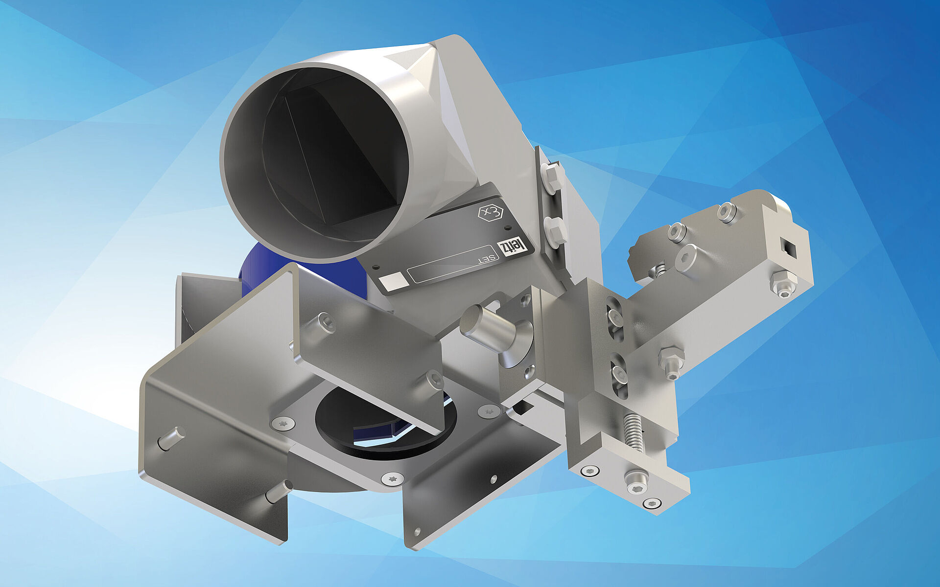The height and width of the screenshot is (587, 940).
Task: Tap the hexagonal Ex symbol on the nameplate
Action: coord(490,213)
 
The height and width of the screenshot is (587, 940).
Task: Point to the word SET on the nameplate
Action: coord(487,259)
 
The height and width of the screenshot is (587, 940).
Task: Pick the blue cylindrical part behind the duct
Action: coord(304,274)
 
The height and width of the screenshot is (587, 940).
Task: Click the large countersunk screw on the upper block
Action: coord(686,257)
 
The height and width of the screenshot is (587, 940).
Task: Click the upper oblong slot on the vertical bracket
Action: coord(614,318)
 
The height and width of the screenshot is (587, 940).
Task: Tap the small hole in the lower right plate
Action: coord(418,531)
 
